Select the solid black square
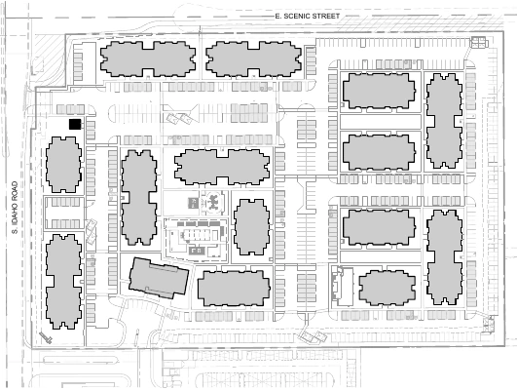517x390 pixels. coord(75,125)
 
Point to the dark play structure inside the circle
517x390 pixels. coord(213,202)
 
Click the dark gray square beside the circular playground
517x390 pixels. coord(193,203)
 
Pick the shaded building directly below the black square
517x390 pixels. coord(63,165)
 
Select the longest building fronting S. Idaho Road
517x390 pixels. coord(63,282)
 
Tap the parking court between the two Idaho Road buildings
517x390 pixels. coord(64,213)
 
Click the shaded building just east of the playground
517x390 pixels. coord(251,227)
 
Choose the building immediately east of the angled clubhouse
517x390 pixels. coord(234,289)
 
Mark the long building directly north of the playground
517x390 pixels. coord(222,167)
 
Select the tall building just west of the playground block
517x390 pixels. coord(139,198)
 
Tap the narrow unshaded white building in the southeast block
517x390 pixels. coord(345,287)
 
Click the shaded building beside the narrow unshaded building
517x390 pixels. coord(388,288)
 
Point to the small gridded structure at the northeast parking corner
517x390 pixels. coord(479,42)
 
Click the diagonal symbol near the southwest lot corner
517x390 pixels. coord(46,337)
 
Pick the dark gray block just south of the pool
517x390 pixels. coord(197,251)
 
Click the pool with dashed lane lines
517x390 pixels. coord(197,235)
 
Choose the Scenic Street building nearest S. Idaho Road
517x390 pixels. coord(148,59)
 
